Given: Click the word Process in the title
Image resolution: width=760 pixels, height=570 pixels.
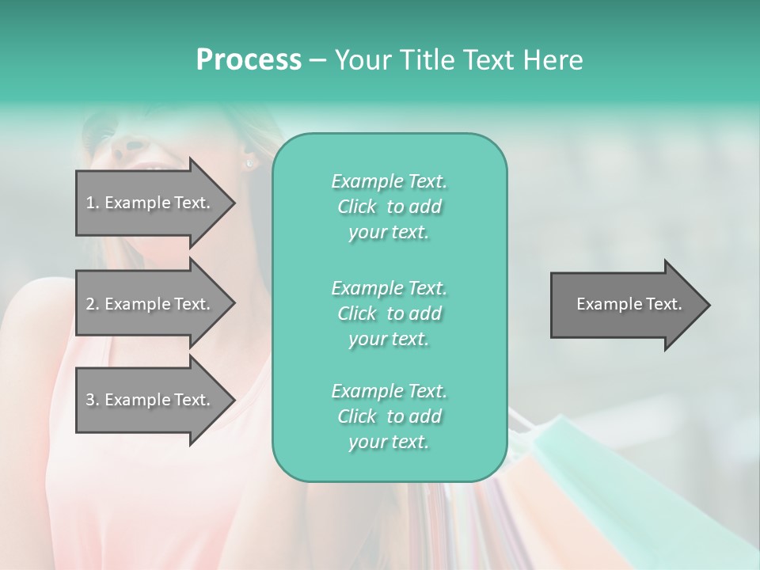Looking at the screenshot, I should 249,60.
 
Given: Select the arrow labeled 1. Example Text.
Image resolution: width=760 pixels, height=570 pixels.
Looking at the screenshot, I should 150,203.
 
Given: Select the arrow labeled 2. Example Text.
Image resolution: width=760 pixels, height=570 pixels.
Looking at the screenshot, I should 150,304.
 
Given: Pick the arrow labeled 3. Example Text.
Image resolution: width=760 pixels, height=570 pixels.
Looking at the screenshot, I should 150,400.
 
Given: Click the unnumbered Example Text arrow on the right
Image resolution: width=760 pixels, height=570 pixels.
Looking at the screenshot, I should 629,304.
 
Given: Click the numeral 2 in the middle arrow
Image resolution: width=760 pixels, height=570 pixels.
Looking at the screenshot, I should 90,304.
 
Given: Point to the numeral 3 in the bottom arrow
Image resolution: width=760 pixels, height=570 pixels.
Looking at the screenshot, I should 90,400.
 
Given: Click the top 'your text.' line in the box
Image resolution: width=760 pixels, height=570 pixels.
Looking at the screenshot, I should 389,233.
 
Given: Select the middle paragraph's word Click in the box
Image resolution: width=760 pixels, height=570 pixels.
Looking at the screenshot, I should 357,313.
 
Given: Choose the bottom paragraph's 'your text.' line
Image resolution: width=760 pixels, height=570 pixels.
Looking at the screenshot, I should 389,443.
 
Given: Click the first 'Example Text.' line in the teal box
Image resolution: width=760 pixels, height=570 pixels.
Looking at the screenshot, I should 389,181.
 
